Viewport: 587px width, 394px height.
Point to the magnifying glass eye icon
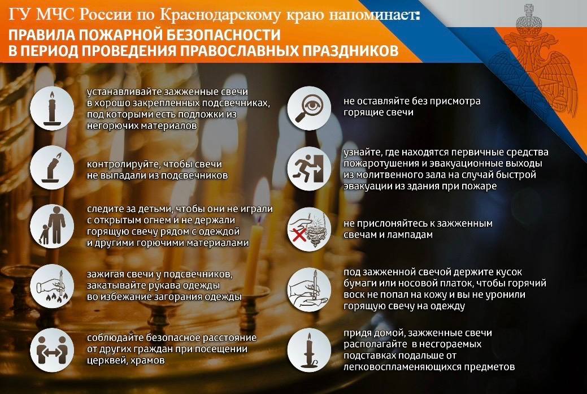coord(309,107)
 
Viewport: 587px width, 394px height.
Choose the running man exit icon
coord(309,168)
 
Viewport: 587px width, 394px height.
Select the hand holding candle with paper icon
coord(309,288)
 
